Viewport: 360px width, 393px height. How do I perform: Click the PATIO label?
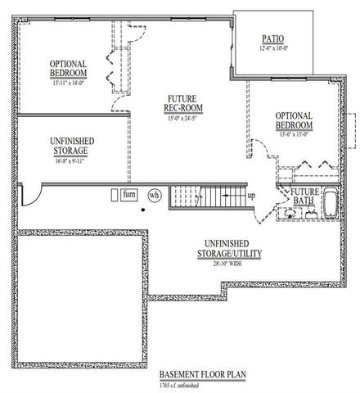click(x=273, y=38)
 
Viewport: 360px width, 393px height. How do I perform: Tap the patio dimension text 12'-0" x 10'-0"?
click(x=273, y=48)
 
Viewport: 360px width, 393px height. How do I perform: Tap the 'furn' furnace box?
click(x=128, y=195)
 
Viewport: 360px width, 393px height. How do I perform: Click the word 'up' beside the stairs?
click(x=250, y=196)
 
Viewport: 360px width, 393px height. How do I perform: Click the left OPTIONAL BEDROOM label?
click(x=69, y=69)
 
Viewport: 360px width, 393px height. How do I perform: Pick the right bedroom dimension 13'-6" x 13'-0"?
click(x=294, y=136)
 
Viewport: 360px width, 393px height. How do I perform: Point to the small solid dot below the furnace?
click(x=142, y=210)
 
